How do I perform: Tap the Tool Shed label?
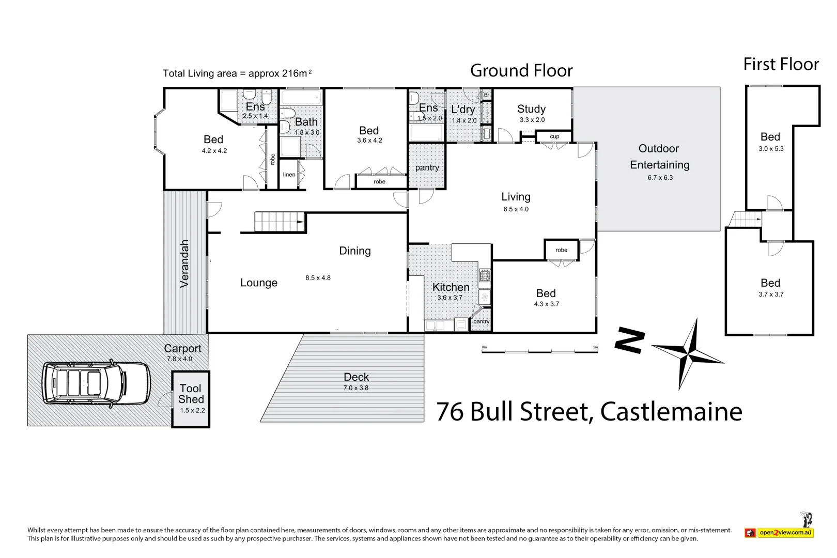(191, 394)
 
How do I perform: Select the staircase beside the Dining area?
(279, 222)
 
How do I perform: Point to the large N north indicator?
(630, 341)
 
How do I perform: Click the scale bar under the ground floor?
(539, 351)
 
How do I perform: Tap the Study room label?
(531, 109)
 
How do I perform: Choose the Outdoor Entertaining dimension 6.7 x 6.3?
(660, 178)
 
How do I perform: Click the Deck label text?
(356, 377)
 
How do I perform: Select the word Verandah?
(184, 263)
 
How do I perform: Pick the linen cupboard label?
(289, 175)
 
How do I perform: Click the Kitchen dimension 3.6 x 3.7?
(450, 298)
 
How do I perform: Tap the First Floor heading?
(781, 65)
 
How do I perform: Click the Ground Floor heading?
(521, 71)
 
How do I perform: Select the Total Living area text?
(237, 73)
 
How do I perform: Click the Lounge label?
(259, 283)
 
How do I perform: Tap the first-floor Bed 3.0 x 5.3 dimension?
(771, 149)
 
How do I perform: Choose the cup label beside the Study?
(554, 136)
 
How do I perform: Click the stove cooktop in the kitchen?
(485, 275)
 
